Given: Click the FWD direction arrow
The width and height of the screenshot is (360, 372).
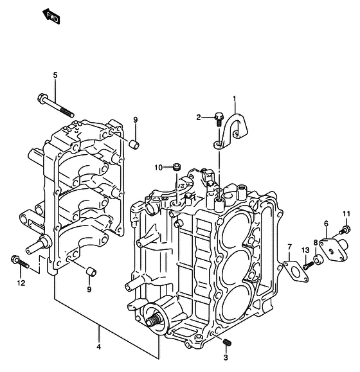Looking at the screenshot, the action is pyautogui.click(x=51, y=17).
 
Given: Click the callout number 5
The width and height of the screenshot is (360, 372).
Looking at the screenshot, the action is pyautogui.click(x=55, y=75).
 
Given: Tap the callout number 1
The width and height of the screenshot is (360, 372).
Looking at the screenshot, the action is pyautogui.click(x=235, y=98).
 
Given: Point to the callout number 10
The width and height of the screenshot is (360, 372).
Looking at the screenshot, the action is pyautogui.click(x=159, y=168).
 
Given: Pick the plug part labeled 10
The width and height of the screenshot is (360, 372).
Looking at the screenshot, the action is pyautogui.click(x=176, y=166).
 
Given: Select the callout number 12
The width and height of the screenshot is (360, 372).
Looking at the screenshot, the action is pyautogui.click(x=21, y=283).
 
